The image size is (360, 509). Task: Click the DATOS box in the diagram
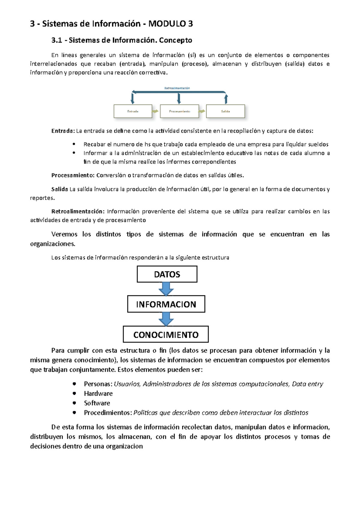click(x=167, y=274)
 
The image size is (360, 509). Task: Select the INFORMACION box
click(x=166, y=304)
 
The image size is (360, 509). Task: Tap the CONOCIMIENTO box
click(x=166, y=335)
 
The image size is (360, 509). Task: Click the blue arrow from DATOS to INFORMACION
click(x=166, y=289)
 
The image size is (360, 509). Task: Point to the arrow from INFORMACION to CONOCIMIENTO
click(x=166, y=319)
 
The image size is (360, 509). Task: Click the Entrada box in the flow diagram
click(x=133, y=111)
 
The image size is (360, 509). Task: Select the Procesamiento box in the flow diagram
click(x=179, y=111)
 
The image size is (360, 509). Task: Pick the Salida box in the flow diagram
click(x=225, y=111)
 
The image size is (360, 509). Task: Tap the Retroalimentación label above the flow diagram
click(x=177, y=88)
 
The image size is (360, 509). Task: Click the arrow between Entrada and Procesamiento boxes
click(x=155, y=111)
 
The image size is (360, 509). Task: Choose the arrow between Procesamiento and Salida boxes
click(x=202, y=111)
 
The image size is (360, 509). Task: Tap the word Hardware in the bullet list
click(x=98, y=394)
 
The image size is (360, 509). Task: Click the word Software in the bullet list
click(x=97, y=403)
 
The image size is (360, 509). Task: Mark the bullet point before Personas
click(x=74, y=384)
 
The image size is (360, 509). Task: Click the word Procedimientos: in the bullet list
click(x=108, y=413)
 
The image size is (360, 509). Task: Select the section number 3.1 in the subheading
click(x=57, y=40)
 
